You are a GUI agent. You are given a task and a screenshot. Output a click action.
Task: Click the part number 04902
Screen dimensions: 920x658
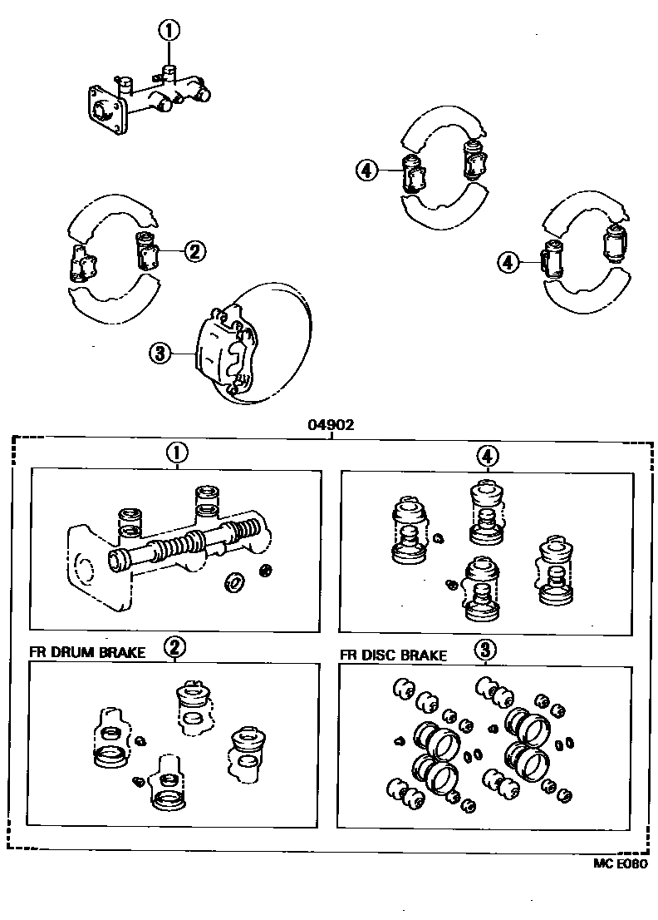331,424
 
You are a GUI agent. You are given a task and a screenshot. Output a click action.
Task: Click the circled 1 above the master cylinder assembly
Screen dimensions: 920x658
169,32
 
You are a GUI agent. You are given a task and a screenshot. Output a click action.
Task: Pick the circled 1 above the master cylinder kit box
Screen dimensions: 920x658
177,453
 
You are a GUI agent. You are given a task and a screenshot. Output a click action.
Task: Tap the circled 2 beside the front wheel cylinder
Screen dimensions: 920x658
195,250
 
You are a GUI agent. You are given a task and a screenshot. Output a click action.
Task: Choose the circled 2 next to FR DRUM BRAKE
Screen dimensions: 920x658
174,647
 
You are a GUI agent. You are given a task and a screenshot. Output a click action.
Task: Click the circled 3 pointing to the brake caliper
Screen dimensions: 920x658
159,354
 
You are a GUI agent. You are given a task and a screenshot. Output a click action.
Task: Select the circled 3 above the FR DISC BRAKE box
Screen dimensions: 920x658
485,649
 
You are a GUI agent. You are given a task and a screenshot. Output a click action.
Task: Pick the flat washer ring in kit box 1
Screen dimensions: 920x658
235,584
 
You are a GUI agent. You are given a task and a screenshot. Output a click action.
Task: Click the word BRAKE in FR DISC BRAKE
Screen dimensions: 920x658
425,655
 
